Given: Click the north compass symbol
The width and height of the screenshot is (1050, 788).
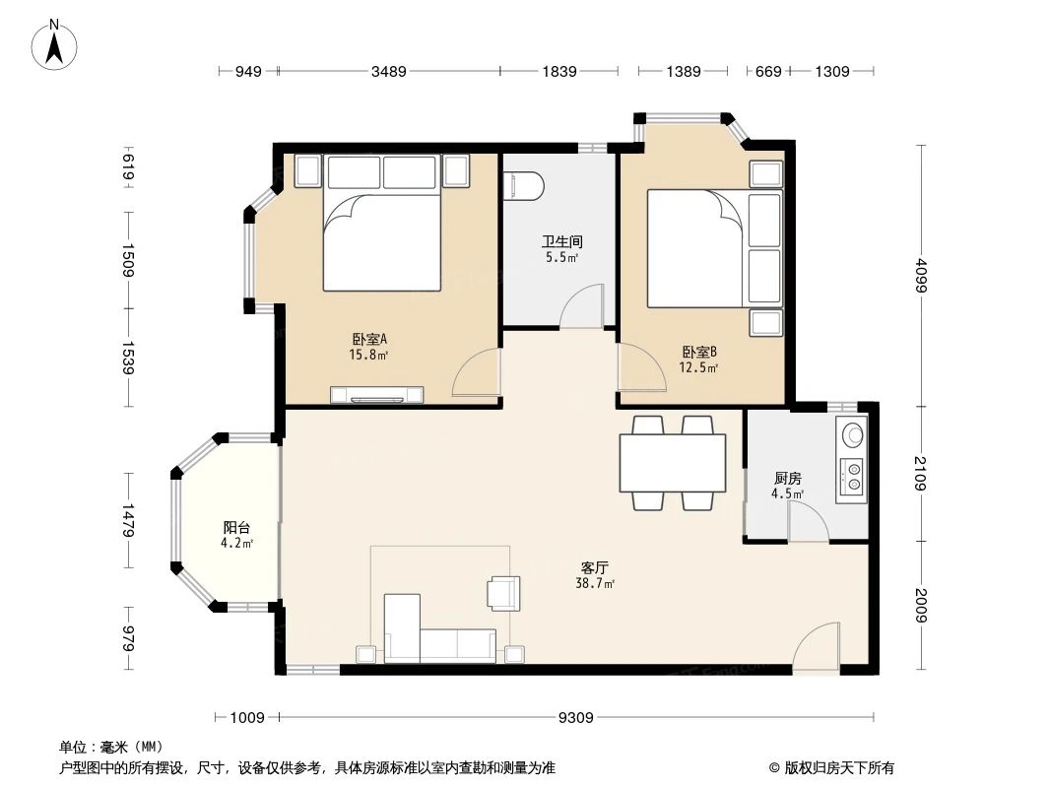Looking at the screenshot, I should [56, 45].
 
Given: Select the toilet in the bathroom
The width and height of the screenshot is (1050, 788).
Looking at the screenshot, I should [522, 184].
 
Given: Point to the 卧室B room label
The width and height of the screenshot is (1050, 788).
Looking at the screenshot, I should [698, 352].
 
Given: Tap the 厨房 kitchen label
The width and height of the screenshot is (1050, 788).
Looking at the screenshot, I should [788, 479].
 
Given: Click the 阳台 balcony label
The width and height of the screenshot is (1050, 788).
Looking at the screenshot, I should [236, 527].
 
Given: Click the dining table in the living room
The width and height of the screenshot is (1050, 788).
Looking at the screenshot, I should [672, 463].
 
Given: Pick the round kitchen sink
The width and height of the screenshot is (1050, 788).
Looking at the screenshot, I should [851, 434].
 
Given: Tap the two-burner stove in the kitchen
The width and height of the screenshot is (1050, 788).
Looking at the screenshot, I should [851, 477].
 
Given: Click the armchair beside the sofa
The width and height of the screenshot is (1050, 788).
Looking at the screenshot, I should [502, 592].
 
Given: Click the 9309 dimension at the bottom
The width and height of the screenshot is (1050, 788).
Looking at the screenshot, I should [575, 718].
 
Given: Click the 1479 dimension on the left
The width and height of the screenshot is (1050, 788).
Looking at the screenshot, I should [127, 520].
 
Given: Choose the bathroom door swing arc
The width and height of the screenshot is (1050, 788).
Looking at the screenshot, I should [582, 306].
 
